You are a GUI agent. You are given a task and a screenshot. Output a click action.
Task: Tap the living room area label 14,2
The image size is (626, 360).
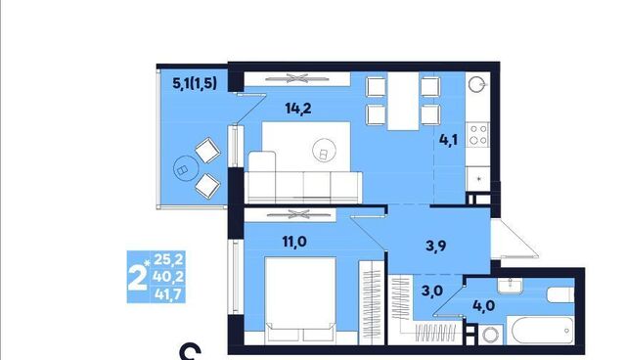(298, 109)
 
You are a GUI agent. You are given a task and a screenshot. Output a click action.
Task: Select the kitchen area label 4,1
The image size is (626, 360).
(448, 140)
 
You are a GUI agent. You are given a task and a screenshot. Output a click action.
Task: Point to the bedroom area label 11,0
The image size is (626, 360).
(294, 242)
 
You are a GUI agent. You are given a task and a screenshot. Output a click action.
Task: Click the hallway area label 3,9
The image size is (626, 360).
(435, 246)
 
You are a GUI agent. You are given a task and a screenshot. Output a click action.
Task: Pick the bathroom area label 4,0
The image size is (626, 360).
(484, 306)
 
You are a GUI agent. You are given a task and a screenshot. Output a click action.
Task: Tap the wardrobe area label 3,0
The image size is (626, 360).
(432, 291)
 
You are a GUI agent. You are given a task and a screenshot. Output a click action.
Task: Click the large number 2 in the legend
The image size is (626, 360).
(137, 277)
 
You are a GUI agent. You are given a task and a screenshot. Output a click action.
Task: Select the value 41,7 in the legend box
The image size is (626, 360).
(168, 294)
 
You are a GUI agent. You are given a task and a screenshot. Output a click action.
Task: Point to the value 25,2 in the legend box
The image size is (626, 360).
(168, 259)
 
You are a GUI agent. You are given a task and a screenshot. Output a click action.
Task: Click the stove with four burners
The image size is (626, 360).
(478, 134)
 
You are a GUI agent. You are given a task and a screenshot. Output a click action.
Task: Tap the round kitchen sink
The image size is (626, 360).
(476, 84)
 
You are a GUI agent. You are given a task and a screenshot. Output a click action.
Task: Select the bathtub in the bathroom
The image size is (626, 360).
(542, 331)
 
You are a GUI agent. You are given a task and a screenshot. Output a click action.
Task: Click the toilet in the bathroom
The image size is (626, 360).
(560, 294)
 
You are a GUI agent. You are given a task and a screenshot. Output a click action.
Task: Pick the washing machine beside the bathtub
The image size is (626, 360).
(491, 334)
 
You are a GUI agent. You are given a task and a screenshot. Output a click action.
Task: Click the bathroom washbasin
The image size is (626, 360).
(510, 286)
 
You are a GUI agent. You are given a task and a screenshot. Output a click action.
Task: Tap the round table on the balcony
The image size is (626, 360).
(186, 168)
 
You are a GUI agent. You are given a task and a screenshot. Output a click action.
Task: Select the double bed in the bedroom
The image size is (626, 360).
(300, 300)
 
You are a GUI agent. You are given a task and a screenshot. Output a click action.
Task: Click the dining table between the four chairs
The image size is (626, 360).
(403, 102)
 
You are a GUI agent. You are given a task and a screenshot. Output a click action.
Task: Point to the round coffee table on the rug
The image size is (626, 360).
(324, 150)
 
